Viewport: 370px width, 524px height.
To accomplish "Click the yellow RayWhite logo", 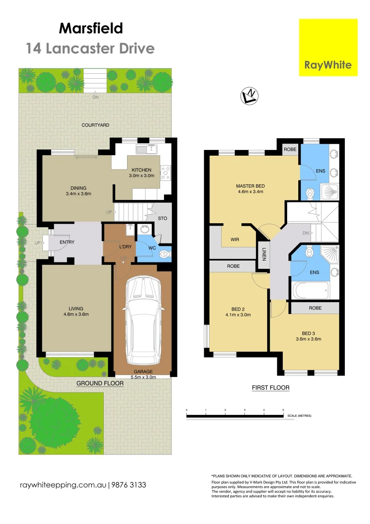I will coord(328,47).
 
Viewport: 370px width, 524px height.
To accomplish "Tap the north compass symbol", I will coord(250,97).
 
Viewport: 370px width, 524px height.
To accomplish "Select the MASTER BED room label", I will coord(250,186).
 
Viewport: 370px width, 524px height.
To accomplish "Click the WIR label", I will coord(235,239).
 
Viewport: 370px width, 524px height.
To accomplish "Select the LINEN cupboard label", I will coord(264,254).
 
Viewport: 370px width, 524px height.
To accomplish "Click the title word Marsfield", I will coord(91,28).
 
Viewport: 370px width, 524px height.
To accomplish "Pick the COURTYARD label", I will coord(95,125).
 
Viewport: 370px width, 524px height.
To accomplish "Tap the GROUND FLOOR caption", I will coord(100,383).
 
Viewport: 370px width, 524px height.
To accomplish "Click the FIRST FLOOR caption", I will coord(270,388).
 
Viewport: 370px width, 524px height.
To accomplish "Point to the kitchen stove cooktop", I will coord(165,171).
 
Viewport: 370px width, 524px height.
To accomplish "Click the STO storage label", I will coord(162,219).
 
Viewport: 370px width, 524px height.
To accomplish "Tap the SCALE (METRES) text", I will coord(299,416).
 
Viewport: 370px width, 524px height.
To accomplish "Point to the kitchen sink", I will coord(144,148).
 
